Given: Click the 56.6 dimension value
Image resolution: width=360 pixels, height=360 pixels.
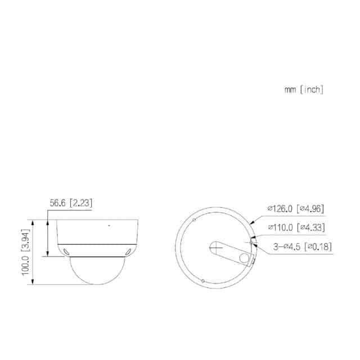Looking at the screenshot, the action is pos(57,203).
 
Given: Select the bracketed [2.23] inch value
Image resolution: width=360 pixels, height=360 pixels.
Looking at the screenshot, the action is pos(81,203).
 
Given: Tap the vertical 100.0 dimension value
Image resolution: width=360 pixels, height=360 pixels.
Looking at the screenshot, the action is pos(25,265).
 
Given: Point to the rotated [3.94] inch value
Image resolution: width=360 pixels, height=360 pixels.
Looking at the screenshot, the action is pos(25,240).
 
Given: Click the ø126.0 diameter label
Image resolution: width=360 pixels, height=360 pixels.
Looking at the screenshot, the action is pos(280,209).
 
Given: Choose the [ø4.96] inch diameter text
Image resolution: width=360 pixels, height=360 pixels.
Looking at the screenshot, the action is pos(310,209).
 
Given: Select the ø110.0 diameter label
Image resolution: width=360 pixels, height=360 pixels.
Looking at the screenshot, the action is pos(281,227).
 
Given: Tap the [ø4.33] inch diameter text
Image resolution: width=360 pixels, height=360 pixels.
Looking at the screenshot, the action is pos(311,227).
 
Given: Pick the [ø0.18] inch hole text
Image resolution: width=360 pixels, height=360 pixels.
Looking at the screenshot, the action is pos(318,247).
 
